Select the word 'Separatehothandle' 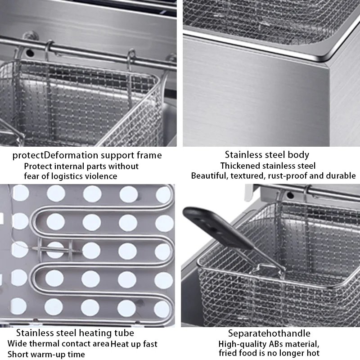(269, 333)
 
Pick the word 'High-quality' (242, 344)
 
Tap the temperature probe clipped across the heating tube (55, 250)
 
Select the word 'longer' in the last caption (292, 353)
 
